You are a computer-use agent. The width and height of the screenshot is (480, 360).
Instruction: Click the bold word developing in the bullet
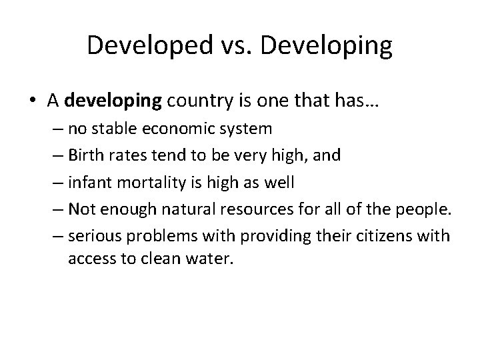[x=114, y=101]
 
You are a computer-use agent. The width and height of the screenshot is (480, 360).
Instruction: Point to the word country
[x=197, y=101]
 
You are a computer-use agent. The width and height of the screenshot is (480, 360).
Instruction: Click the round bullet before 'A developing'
[x=34, y=101]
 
